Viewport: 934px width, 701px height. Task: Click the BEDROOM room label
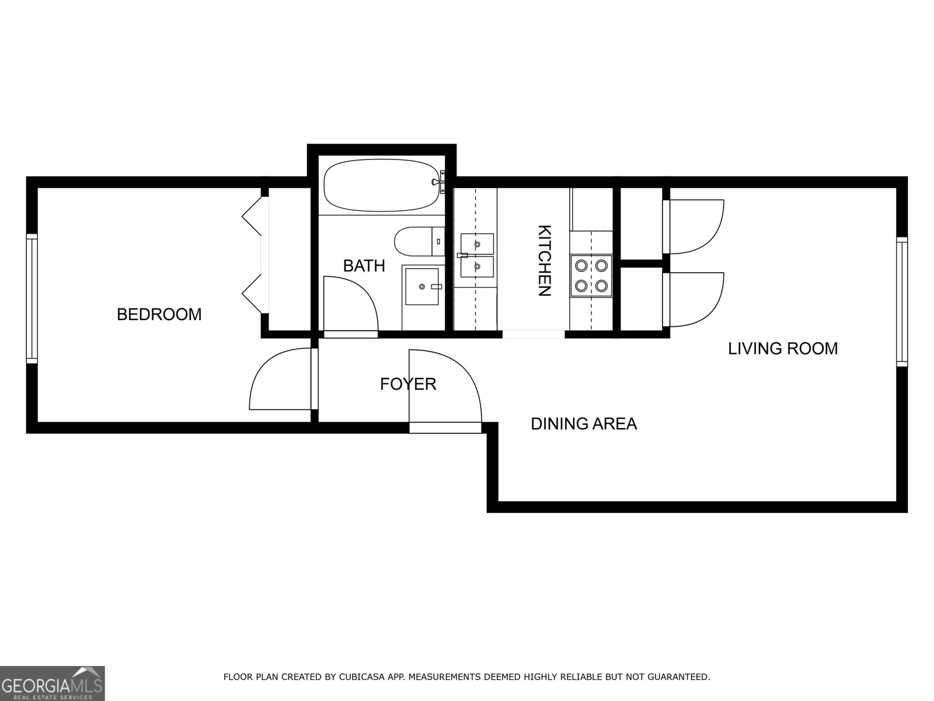coord(159,314)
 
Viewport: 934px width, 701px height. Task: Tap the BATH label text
coord(364,266)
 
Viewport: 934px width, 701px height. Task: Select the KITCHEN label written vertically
coord(543,261)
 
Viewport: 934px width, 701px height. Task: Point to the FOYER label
coord(408,384)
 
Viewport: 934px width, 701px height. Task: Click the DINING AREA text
coord(583,424)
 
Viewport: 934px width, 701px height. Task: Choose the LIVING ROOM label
coord(782,349)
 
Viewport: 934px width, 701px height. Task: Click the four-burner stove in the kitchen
coord(591,276)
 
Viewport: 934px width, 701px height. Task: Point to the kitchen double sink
coord(477,255)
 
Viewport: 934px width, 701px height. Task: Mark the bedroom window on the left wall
coord(32,299)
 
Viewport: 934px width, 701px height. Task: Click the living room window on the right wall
coord(902,301)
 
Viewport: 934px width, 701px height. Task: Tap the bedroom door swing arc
coord(280,380)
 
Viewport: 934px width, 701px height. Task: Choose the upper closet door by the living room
coord(695,227)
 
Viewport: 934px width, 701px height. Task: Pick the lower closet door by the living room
coord(695,300)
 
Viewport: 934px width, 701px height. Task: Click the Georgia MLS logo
coord(53,683)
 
